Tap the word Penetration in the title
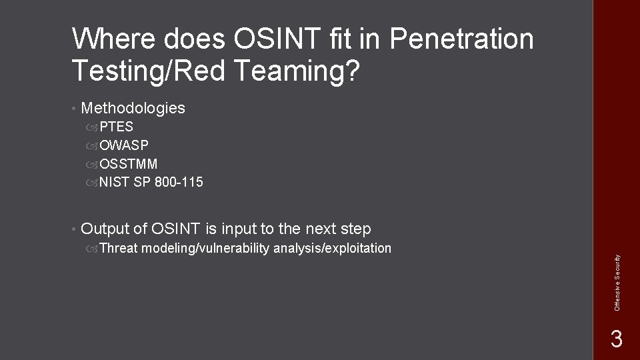pos(461,40)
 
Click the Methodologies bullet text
pos(133,108)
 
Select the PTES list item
pos(116,127)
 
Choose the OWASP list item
pos(124,145)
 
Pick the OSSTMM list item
pos(129,163)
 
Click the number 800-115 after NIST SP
pos(179,182)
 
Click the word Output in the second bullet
pos(104,229)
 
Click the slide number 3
pos(616,339)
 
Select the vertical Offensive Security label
pos(617,281)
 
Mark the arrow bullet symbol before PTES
pos(92,127)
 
